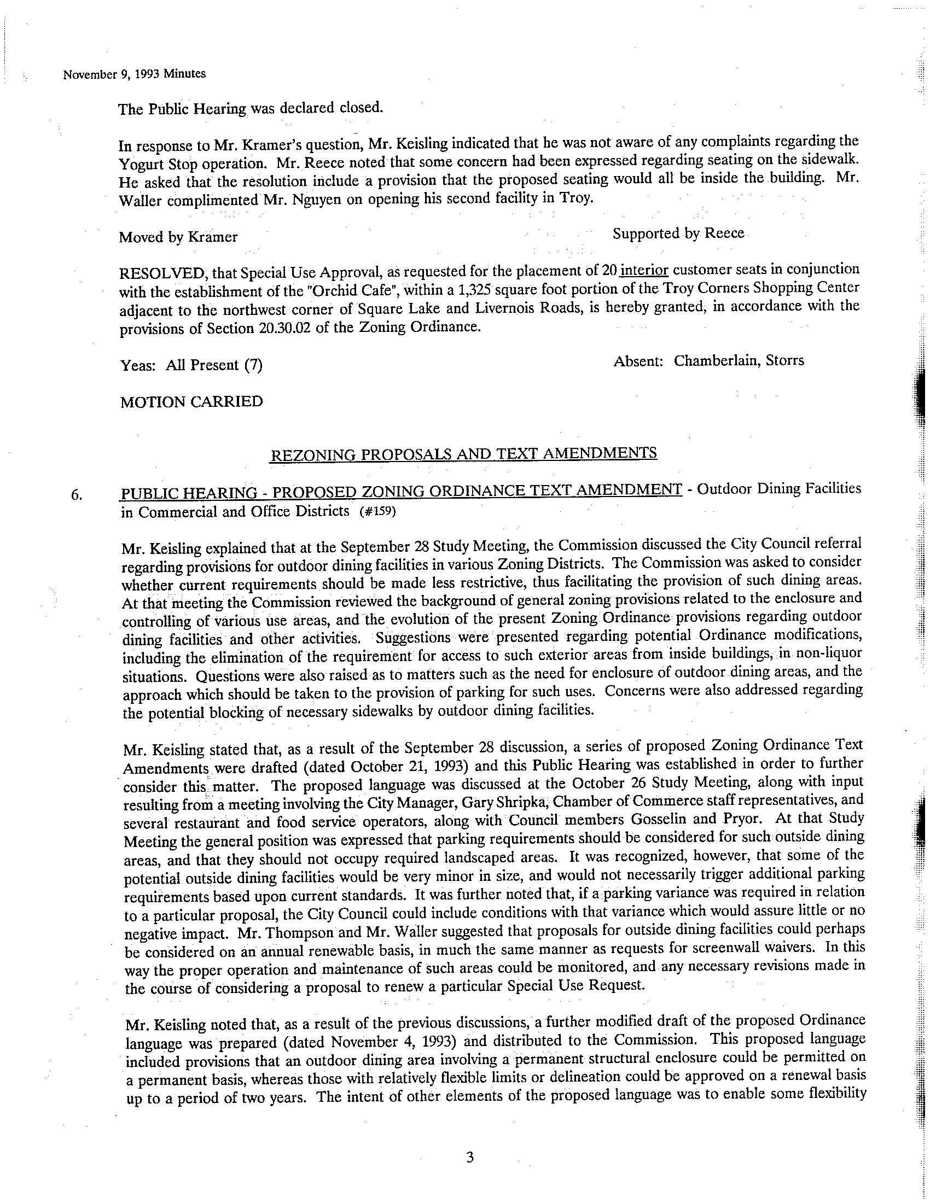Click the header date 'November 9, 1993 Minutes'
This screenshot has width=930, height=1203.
click(135, 74)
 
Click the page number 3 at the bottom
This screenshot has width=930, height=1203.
click(470, 1157)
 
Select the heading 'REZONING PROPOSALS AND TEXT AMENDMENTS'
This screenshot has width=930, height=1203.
click(463, 453)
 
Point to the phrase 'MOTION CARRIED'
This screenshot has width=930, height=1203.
click(191, 401)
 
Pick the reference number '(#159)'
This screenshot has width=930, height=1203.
click(377, 511)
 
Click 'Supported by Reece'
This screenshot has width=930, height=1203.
click(678, 233)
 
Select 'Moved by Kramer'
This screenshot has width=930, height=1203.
click(178, 237)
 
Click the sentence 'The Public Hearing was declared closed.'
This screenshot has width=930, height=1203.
click(250, 108)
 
